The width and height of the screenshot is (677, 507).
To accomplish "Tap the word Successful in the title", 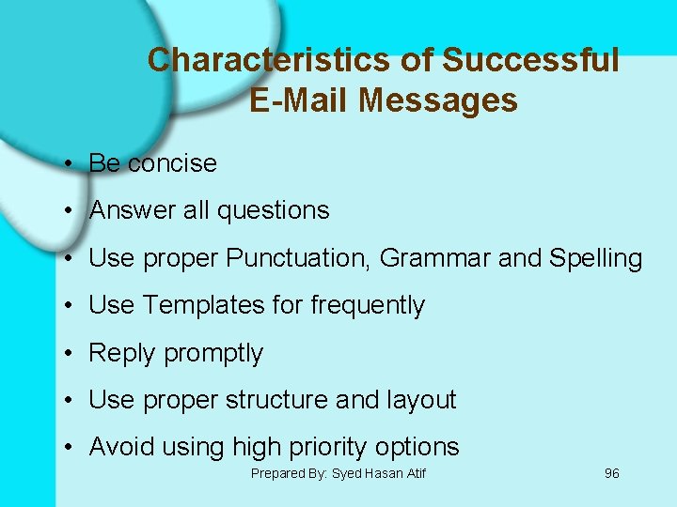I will coord(530,61).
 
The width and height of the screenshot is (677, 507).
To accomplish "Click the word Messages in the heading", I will coord(437,100).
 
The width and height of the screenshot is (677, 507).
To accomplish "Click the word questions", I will coord(273,211).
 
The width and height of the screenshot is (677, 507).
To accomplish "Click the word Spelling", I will coord(595,259).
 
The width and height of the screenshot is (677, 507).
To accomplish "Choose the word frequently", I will coord(368,306).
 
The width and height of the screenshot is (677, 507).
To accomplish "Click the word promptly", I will coord(213,354).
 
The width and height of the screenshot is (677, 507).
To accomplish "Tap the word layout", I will coord(421,400).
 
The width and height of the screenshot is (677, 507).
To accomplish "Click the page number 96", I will coord(611,473).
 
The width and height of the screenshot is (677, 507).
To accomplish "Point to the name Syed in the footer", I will coord(348,473).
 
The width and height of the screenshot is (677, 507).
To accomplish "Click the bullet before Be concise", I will coord(71,164).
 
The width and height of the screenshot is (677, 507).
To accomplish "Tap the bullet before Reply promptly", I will coord(71,354).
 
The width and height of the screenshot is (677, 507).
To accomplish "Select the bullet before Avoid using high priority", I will coord(71,448).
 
